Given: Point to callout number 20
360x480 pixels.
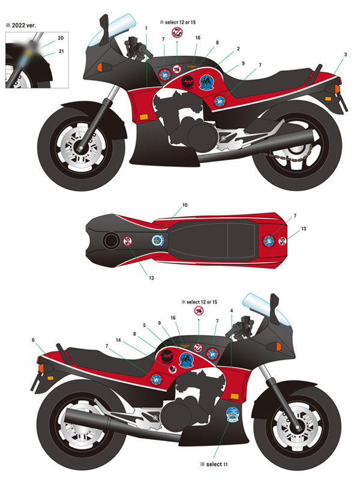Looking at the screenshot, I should pos(61,38).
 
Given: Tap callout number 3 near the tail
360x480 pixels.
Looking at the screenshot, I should pos(346,55).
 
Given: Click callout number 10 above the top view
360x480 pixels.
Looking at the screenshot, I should pos(185,206).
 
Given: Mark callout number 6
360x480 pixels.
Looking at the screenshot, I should pos(34,340).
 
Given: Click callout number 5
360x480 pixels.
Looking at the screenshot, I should pos(145,326).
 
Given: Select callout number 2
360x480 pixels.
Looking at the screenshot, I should pos(238,49).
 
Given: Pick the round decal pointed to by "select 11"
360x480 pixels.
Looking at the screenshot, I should pos(232,415).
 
